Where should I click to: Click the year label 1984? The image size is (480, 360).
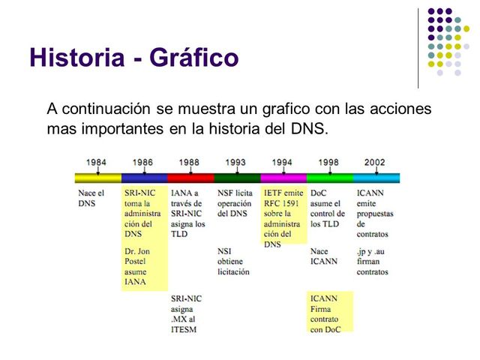coord(95,161)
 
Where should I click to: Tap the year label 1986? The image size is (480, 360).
coord(142,161)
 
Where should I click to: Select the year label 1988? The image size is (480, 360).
coord(189,161)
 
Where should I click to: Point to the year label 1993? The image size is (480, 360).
coord(235,161)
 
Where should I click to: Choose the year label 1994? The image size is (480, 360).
coord(282,161)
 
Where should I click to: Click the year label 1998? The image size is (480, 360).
coord(328,161)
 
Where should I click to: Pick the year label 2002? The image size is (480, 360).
coord(374,161)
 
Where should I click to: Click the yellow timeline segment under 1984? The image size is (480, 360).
coord(97,178)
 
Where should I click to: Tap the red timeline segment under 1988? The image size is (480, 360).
coord(190,178)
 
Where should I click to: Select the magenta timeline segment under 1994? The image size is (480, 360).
coord(283,178)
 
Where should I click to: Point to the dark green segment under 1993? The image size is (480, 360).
coord(237,178)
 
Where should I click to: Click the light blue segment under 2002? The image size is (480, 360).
coord(376,178)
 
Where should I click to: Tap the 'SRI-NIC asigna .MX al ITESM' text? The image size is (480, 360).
coord(187,313)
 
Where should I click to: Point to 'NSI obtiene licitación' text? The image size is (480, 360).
coord(233,261)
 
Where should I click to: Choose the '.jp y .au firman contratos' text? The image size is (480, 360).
coord(373,261)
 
